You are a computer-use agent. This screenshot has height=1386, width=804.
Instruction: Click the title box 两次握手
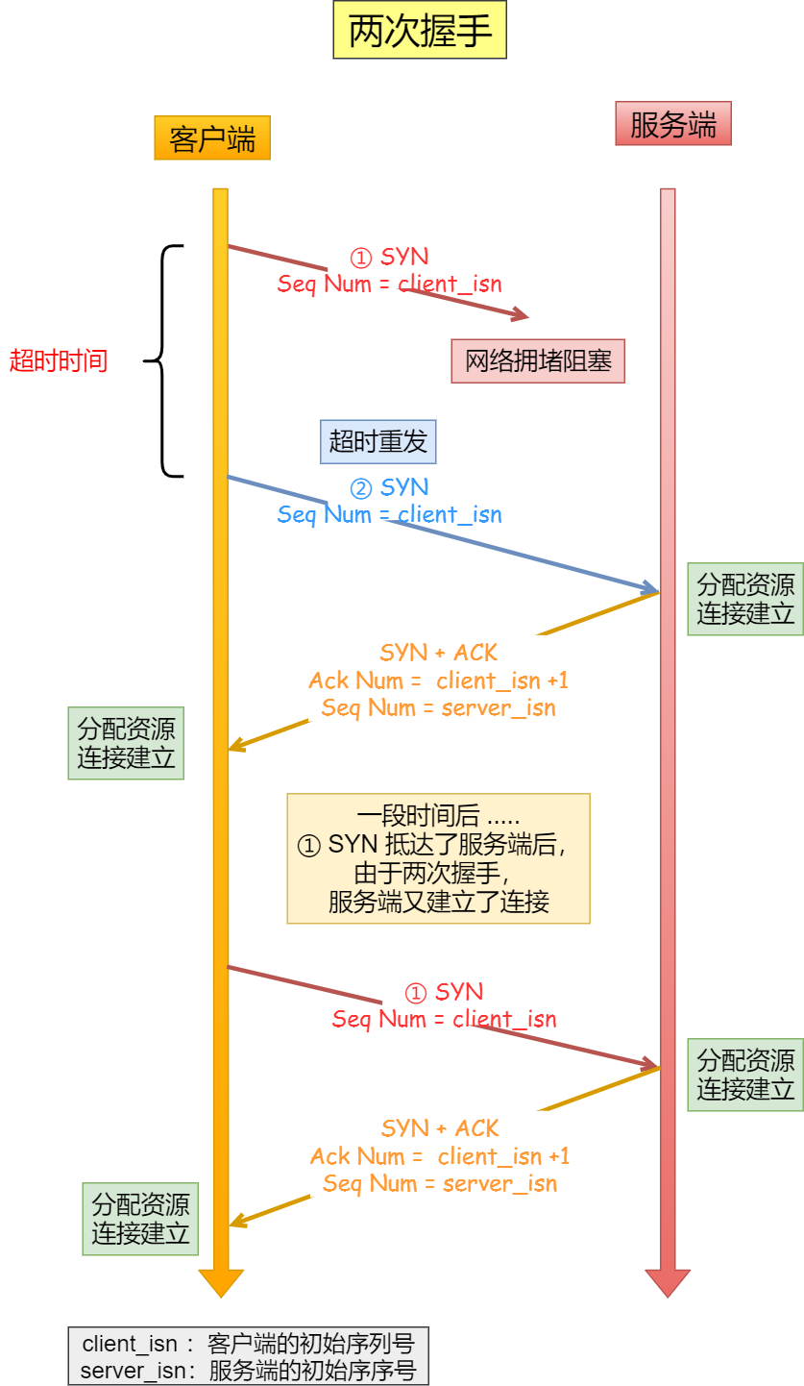(x=420, y=32)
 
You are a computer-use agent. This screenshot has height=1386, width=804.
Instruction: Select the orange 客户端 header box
(x=212, y=138)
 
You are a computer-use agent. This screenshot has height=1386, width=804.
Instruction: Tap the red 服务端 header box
(x=672, y=124)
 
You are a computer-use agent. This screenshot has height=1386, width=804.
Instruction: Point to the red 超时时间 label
(x=59, y=361)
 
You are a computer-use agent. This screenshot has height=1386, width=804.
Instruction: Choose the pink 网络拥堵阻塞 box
(x=538, y=361)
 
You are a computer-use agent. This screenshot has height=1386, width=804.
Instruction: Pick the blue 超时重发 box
(x=378, y=442)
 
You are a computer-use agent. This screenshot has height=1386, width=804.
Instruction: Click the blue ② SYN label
(x=389, y=488)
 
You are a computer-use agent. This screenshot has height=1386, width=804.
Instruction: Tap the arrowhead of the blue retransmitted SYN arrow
(x=651, y=588)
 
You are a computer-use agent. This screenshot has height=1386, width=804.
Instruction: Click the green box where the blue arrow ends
(x=744, y=599)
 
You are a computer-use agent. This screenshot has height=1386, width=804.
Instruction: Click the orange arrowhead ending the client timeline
(x=221, y=1283)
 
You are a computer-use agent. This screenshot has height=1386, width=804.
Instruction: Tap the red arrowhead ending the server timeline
(x=668, y=1283)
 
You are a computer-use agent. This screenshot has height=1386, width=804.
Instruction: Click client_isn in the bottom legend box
(x=130, y=1344)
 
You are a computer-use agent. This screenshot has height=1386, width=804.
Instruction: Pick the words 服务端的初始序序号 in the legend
(x=312, y=1371)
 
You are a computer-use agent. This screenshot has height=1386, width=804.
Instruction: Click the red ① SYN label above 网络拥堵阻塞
(x=389, y=258)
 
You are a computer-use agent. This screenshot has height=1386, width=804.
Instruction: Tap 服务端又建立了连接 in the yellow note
(x=438, y=902)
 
